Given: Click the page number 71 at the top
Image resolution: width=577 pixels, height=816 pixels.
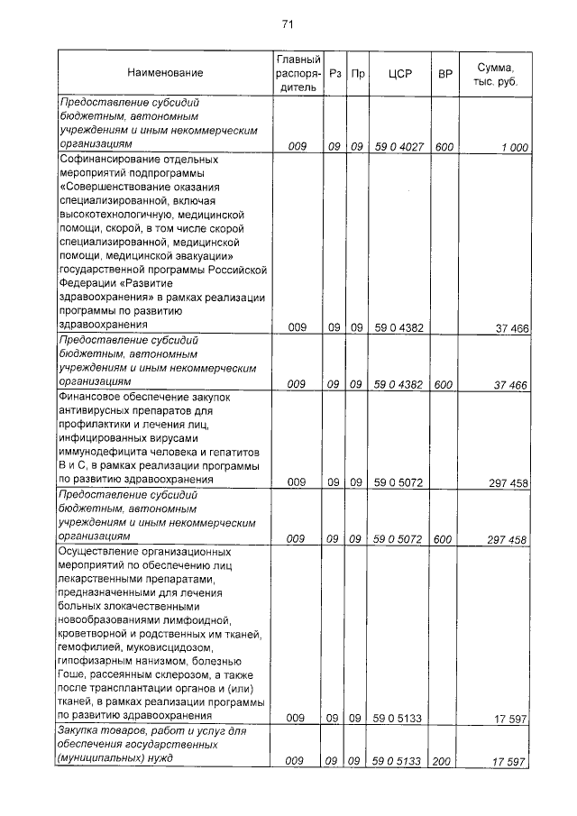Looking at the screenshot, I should [x=288, y=23].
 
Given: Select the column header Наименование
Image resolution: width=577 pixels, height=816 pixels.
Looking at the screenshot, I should [x=165, y=73].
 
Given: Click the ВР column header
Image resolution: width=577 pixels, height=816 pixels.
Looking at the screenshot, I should [x=444, y=73].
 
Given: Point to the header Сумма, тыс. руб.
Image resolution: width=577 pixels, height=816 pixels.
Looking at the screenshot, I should [x=499, y=73].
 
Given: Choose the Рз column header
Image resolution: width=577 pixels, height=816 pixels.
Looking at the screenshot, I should [x=335, y=73].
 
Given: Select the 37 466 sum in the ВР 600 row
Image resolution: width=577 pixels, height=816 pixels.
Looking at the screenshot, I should [x=510, y=384].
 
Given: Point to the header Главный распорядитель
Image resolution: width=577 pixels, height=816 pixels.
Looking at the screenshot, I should [x=293, y=73].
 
